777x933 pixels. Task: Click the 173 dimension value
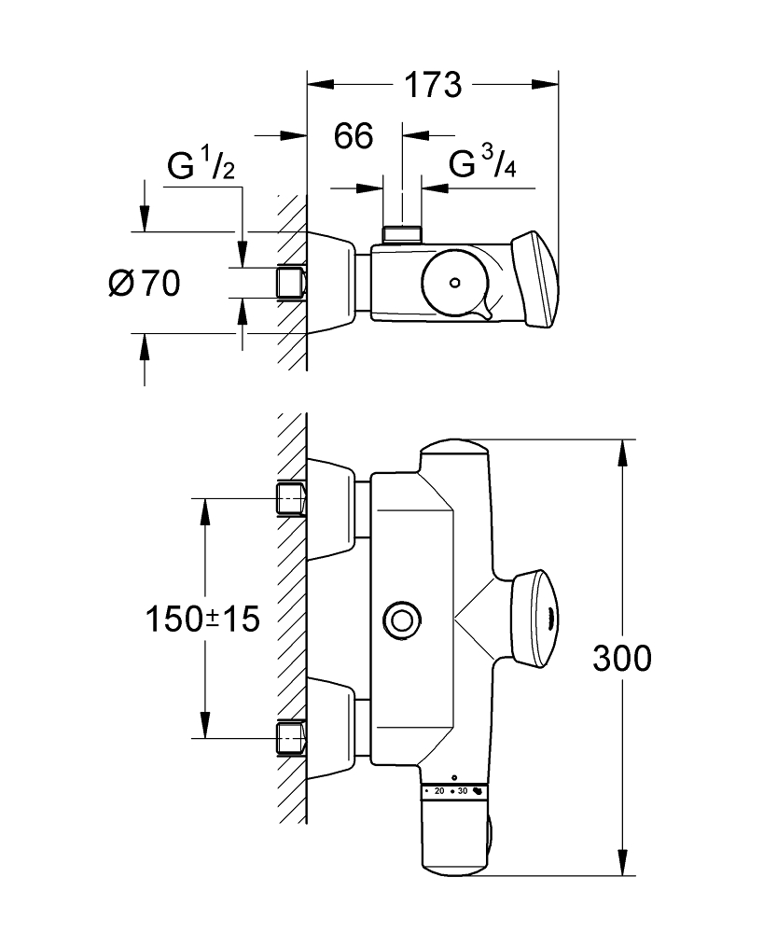433,85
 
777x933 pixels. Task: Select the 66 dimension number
354,136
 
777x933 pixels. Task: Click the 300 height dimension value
622,659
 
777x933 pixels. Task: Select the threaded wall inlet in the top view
292,283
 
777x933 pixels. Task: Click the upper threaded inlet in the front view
292,499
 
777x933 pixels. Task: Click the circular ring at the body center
403,619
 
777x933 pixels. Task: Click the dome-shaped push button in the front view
536,618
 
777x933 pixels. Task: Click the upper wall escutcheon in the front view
332,509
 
